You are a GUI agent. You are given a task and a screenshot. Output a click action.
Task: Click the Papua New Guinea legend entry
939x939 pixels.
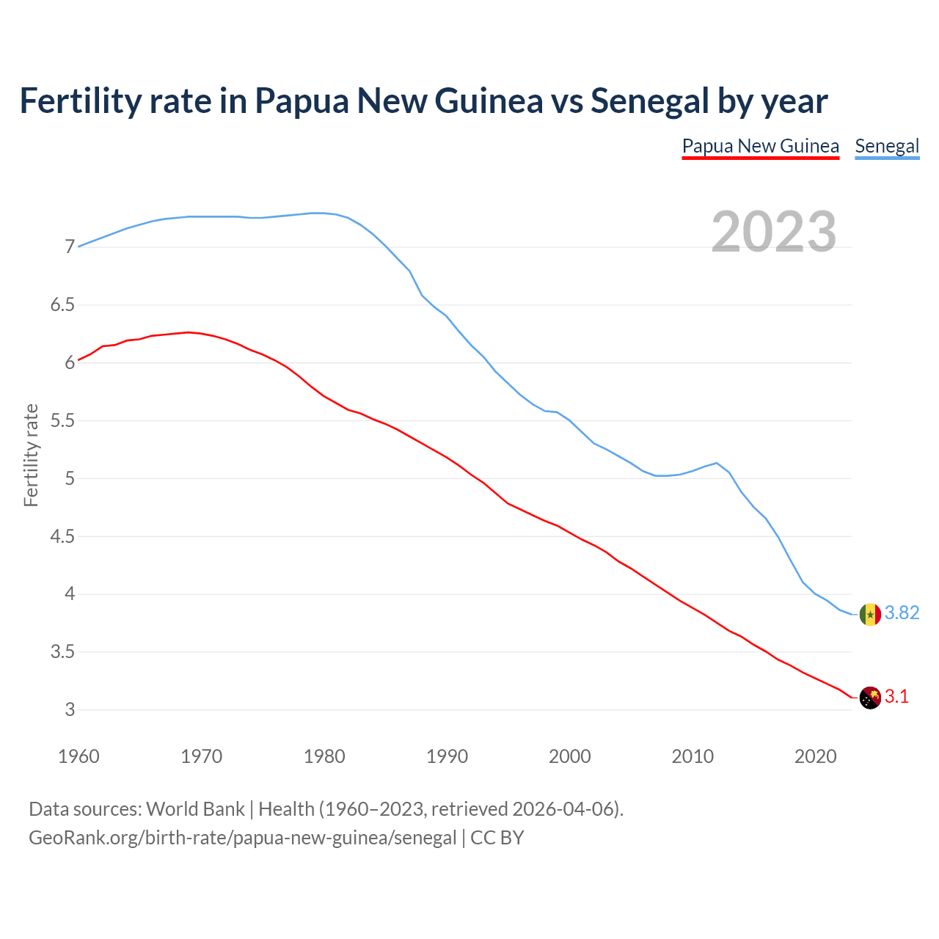[760, 146]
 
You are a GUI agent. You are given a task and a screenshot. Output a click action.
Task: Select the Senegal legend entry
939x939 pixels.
[887, 146]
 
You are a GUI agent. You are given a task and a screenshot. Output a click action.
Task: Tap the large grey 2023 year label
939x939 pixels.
[774, 232]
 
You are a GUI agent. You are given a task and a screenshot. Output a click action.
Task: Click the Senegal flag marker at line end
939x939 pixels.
[870, 614]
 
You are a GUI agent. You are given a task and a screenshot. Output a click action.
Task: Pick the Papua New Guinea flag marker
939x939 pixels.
[870, 697]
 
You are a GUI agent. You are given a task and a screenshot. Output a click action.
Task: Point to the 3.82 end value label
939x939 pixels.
[902, 613]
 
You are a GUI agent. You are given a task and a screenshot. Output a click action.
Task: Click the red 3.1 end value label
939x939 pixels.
[896, 697]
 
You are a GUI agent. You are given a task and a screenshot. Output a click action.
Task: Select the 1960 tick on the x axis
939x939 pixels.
[78, 756]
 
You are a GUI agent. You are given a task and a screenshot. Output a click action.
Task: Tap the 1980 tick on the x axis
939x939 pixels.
[324, 756]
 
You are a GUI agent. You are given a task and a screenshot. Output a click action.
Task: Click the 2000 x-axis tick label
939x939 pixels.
[569, 756]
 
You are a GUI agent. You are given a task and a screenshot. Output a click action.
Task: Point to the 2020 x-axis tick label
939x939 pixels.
[815, 756]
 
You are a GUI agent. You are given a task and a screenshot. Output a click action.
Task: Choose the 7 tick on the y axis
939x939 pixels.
[70, 247]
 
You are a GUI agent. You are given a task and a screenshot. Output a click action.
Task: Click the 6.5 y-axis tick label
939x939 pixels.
[62, 305]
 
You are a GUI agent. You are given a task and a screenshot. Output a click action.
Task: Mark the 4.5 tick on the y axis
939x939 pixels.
[62, 537]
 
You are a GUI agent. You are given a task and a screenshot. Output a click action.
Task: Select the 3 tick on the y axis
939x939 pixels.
[70, 710]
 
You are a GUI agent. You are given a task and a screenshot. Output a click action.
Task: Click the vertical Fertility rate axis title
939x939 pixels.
[31, 455]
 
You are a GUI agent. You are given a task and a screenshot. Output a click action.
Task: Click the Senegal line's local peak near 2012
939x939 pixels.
[716, 463]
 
